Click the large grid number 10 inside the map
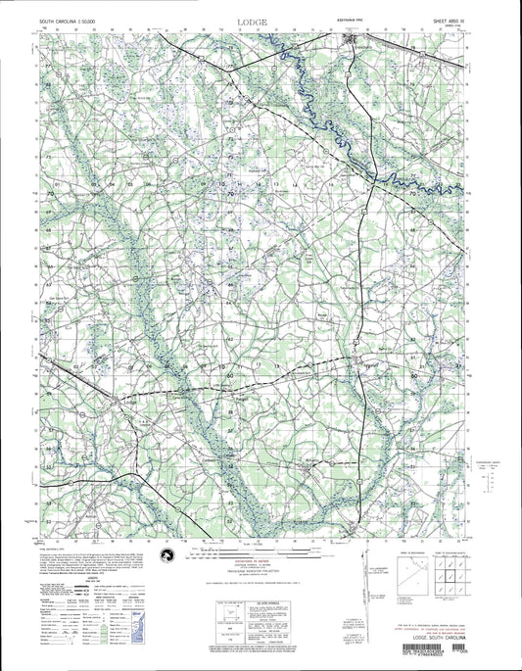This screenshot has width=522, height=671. tap(221, 183)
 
